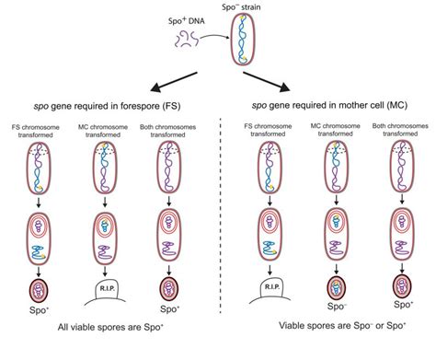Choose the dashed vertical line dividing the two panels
[218, 230]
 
